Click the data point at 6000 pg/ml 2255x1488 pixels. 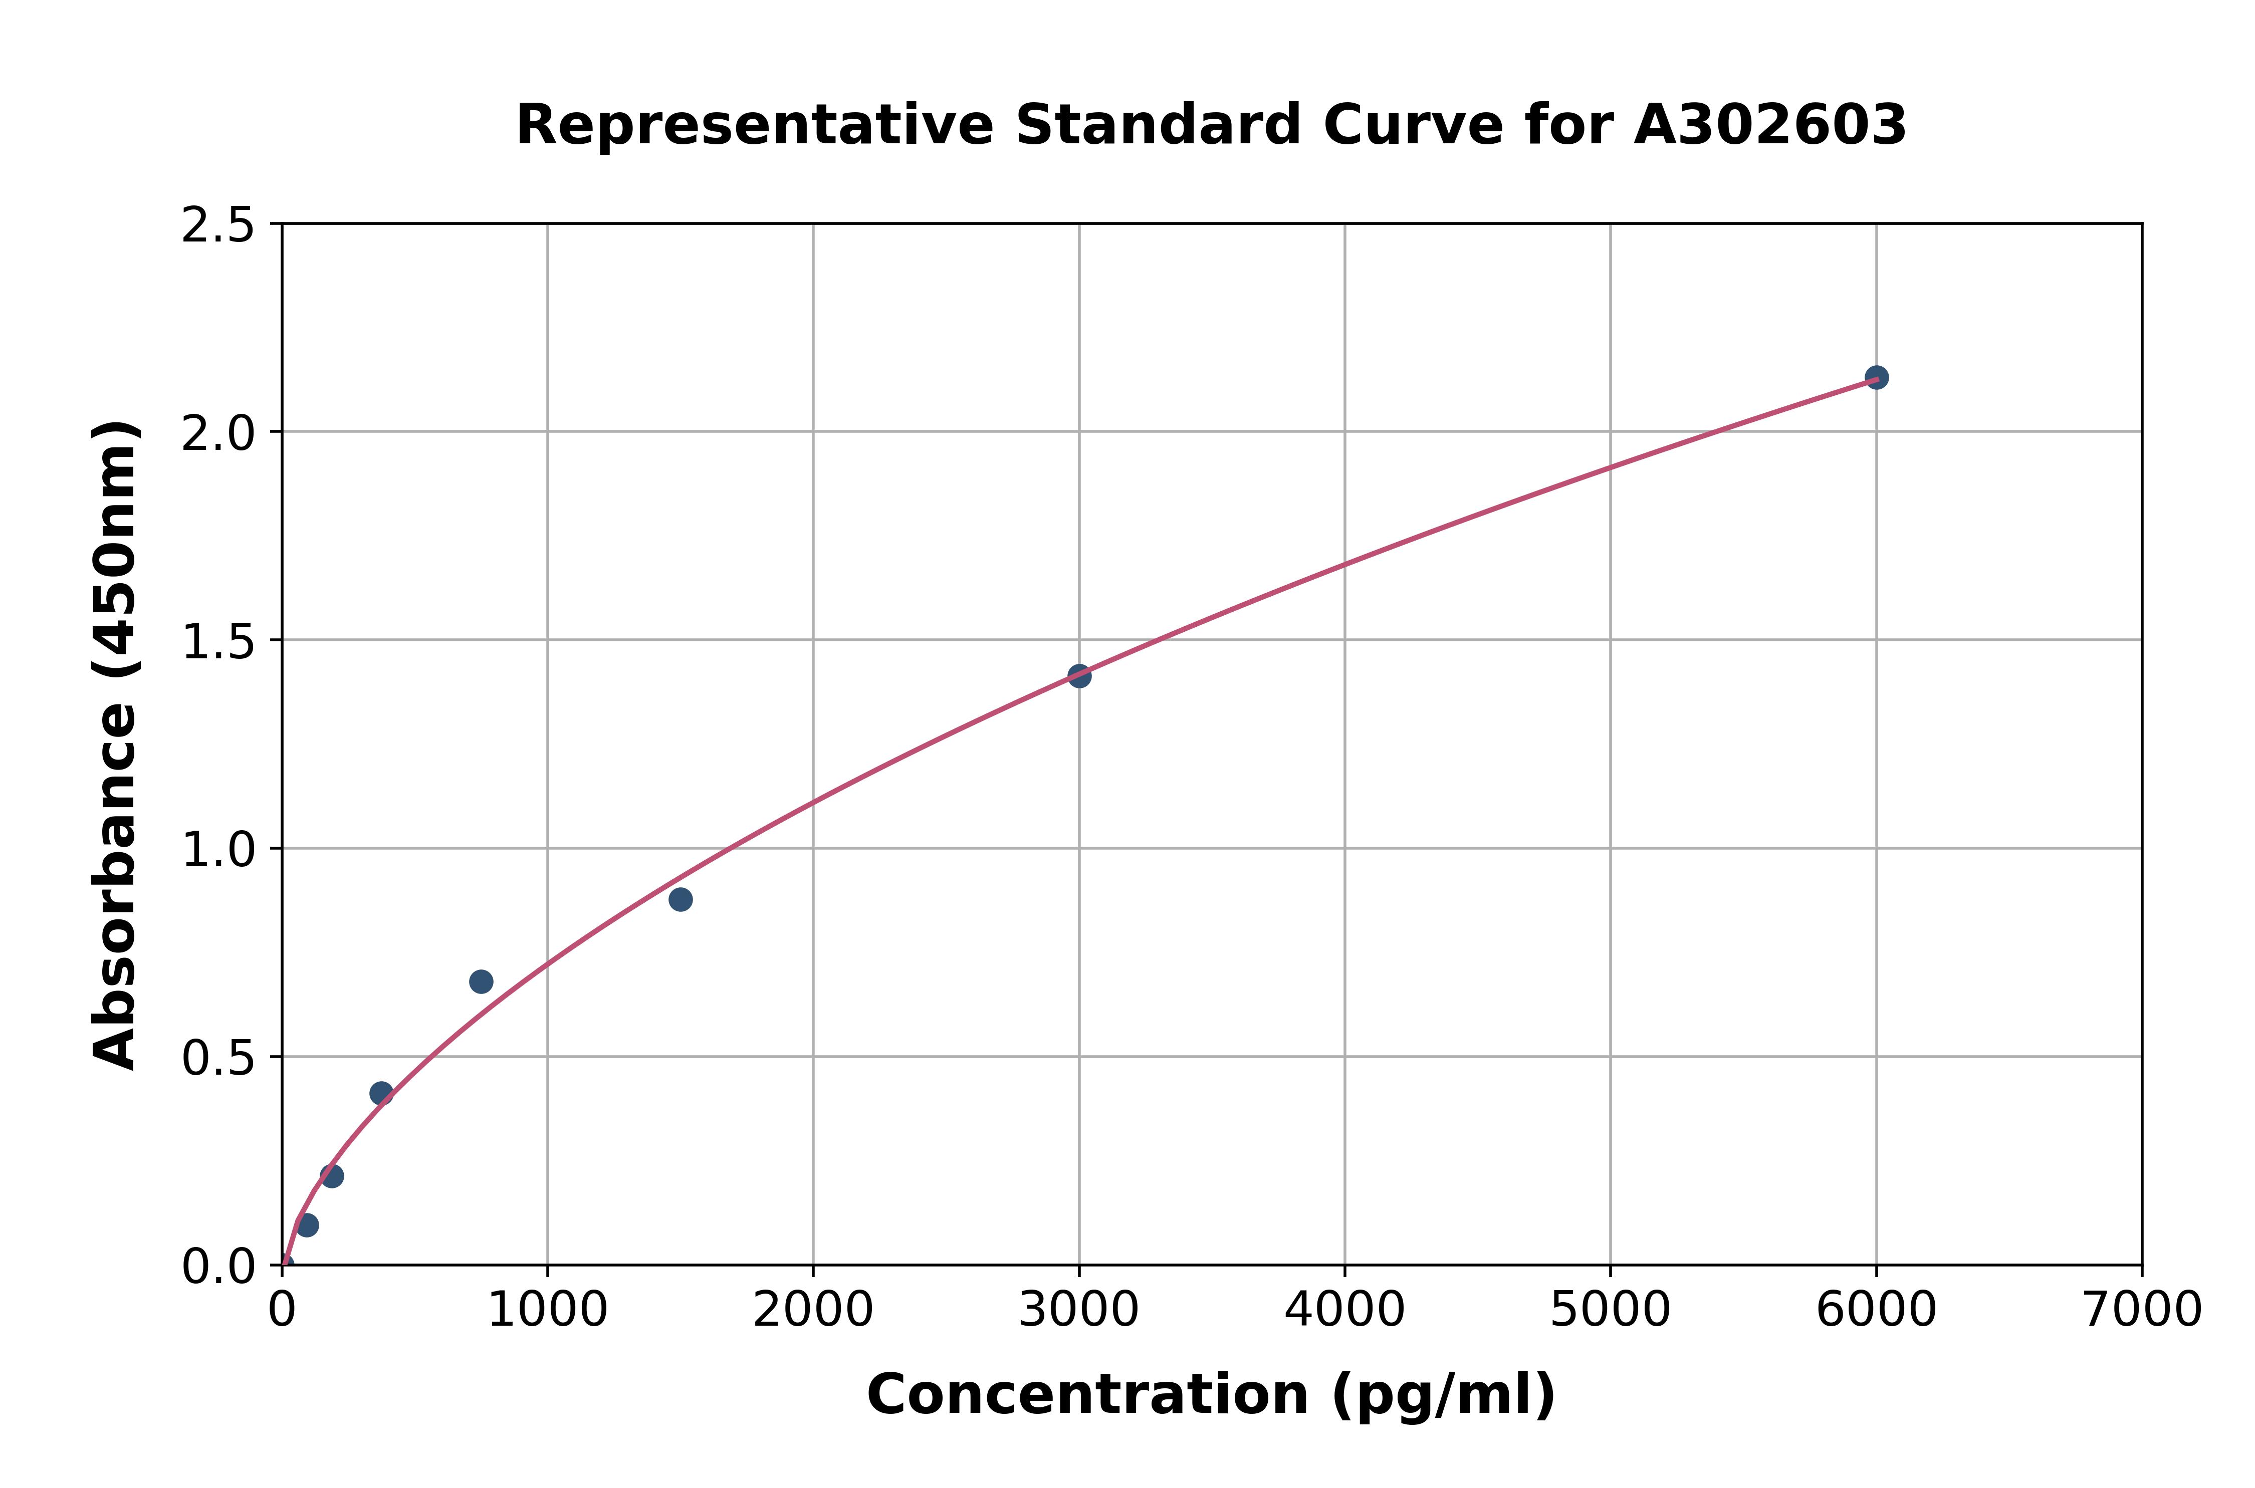1875,378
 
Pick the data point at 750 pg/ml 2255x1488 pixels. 481,981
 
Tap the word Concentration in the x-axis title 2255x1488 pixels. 1087,1395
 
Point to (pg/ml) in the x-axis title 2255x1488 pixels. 1443,1395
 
